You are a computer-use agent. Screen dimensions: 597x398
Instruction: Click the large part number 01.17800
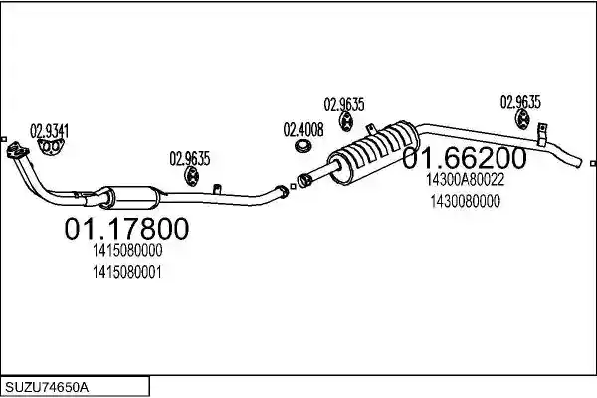[x=126, y=228]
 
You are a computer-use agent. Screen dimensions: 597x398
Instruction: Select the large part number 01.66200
[x=465, y=158]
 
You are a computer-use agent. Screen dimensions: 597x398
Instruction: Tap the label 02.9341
[x=49, y=131]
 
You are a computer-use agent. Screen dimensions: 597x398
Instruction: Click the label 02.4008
[x=303, y=130]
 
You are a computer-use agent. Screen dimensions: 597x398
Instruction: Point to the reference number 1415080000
[x=127, y=250]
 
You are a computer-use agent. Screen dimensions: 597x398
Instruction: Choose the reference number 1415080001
[x=127, y=272]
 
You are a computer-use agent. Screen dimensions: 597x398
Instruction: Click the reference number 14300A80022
[x=465, y=180]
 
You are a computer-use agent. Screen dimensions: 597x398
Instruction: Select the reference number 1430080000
[x=466, y=201]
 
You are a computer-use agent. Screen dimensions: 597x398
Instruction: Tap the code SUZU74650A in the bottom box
[x=47, y=388]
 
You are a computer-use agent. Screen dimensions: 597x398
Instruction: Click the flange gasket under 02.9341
[x=51, y=147]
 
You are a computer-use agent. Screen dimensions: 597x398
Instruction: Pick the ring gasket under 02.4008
[x=303, y=146]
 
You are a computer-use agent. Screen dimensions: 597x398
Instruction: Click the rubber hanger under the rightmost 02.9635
[x=522, y=118]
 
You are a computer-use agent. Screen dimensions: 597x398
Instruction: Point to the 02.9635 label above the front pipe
[x=190, y=159]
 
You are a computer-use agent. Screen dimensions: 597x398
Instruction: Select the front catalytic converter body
[x=129, y=197]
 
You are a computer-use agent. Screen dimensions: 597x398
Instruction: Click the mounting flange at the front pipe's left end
[x=17, y=149]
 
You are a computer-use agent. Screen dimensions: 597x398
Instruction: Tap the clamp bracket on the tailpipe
[x=542, y=134]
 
